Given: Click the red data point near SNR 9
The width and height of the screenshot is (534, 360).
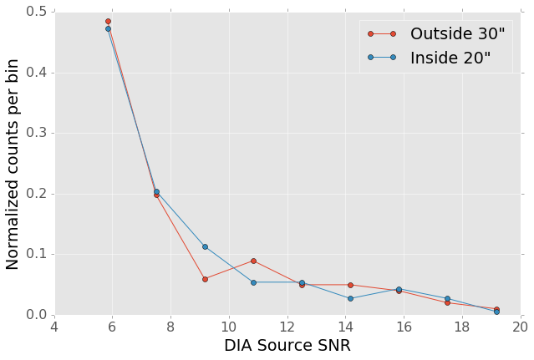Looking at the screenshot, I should (205, 279).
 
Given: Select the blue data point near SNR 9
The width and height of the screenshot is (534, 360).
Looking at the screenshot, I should (205, 246).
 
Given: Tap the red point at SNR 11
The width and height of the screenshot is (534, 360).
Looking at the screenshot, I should (253, 261).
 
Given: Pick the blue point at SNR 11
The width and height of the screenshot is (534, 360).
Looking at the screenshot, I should (253, 282).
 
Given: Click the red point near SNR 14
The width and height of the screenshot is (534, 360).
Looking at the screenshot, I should (350, 285).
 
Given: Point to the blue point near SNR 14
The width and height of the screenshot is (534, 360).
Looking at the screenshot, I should (350, 298).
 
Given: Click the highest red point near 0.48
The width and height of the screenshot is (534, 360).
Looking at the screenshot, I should (108, 21).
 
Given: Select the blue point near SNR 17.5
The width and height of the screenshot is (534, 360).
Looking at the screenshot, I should (447, 298).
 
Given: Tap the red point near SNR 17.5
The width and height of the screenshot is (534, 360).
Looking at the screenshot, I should (447, 302).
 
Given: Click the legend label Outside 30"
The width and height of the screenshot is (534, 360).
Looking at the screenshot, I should (457, 34).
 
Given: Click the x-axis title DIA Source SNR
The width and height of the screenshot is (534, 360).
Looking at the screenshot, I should (287, 346).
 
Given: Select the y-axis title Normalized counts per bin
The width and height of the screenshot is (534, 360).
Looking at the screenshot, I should (13, 163).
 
